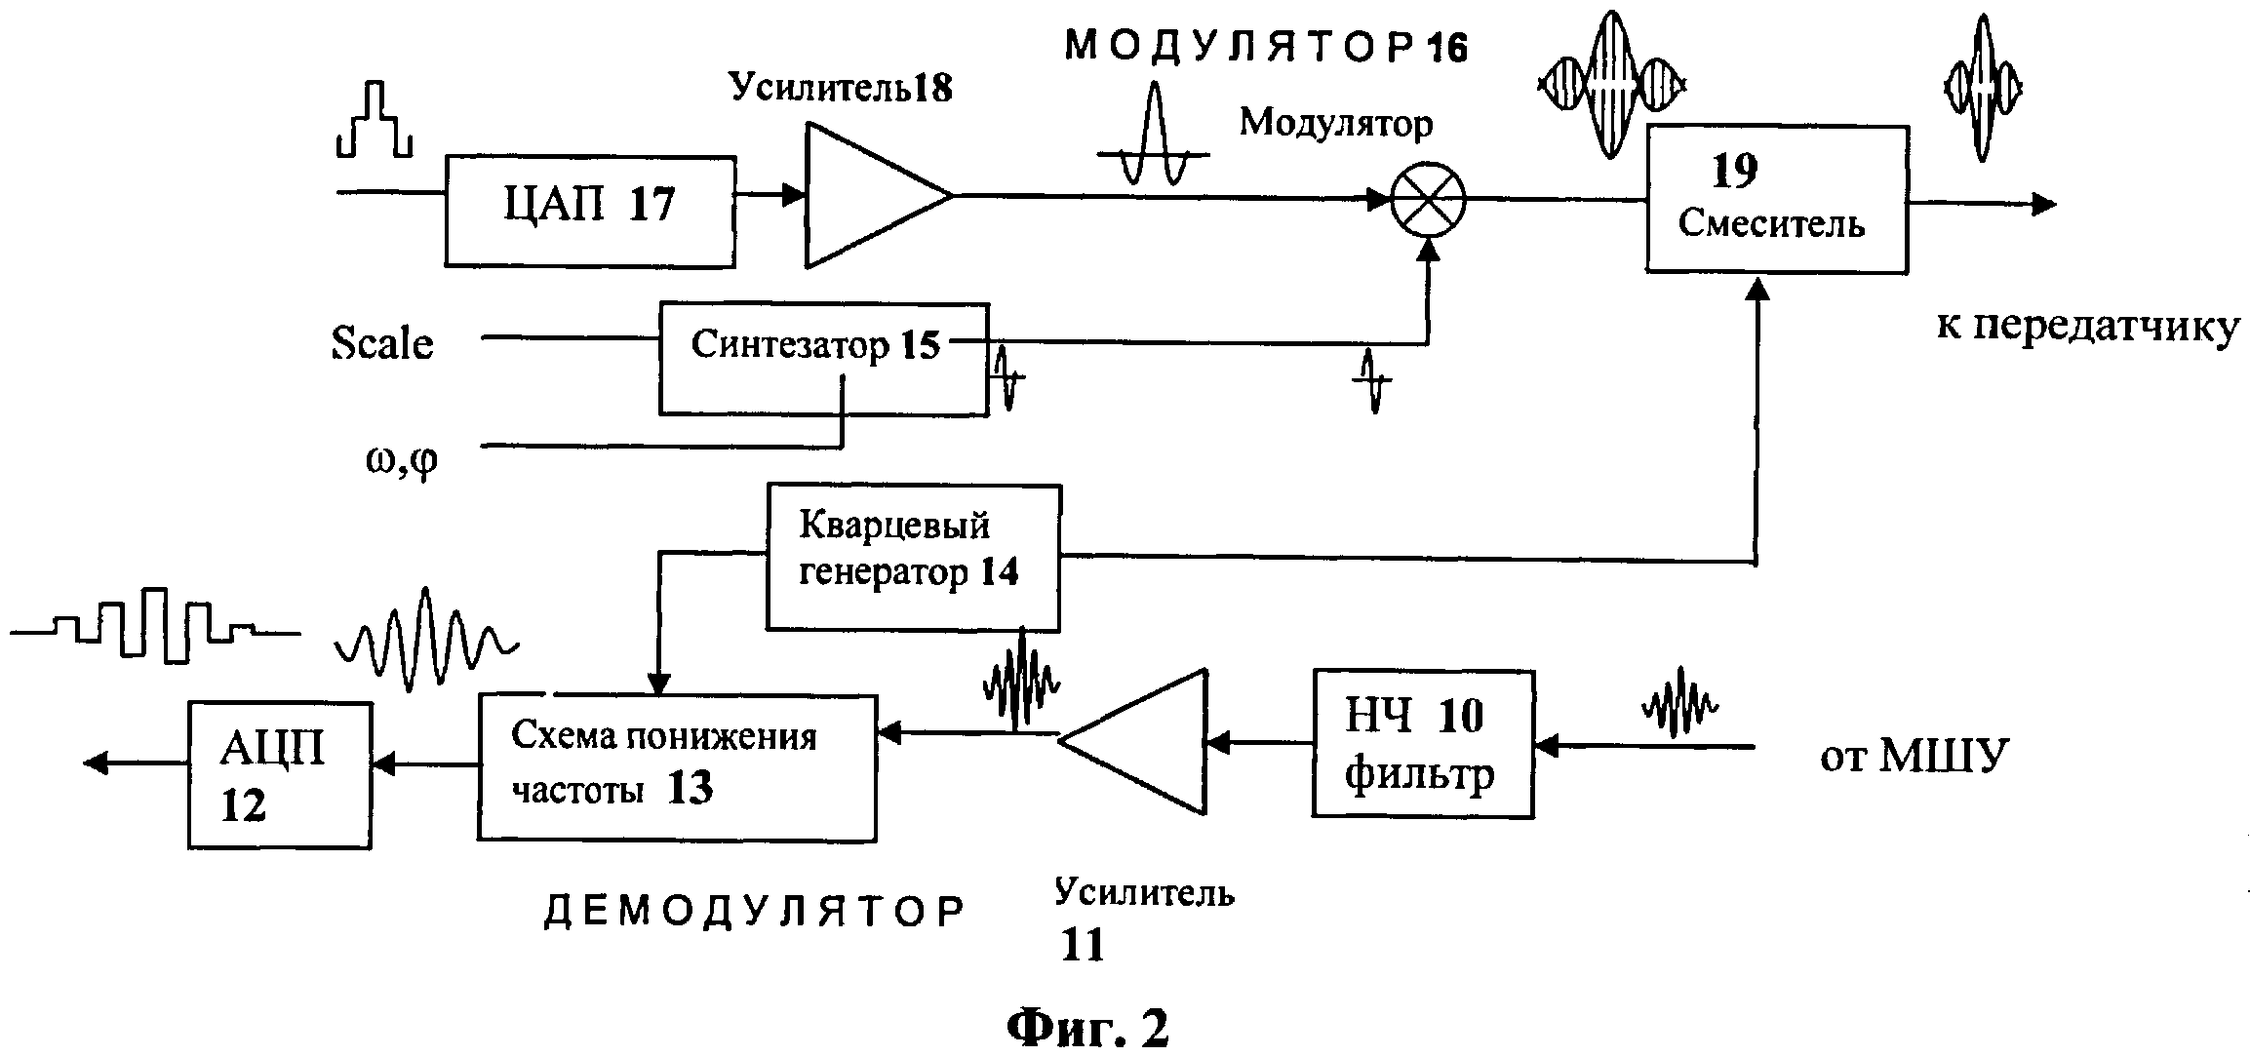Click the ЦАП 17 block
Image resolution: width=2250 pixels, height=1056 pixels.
click(x=590, y=212)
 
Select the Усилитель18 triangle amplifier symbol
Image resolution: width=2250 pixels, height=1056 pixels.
click(x=878, y=195)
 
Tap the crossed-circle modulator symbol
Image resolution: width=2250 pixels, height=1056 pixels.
click(x=1428, y=200)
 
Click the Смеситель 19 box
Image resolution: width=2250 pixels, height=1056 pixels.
click(x=1777, y=199)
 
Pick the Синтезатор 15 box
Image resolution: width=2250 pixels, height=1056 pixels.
click(x=824, y=359)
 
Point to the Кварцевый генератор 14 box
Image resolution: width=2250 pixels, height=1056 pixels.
click(x=914, y=558)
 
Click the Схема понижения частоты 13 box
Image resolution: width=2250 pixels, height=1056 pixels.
click(x=677, y=767)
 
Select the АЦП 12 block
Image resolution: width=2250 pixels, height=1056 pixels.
click(x=280, y=775)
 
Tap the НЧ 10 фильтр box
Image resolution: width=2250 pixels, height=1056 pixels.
click(x=1423, y=743)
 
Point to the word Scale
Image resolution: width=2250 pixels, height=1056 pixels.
click(x=382, y=343)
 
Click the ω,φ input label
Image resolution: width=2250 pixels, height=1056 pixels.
click(x=402, y=458)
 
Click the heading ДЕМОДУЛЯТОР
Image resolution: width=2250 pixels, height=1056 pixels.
click(x=754, y=913)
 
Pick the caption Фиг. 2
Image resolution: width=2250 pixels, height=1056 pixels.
click(x=1087, y=1026)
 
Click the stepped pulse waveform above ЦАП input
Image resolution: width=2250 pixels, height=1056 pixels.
click(x=374, y=120)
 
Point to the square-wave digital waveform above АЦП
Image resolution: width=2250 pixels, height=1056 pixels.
click(x=156, y=625)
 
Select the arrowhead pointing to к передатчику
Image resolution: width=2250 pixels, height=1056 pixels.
click(x=2043, y=204)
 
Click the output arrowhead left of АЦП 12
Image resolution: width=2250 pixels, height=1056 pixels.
click(x=98, y=763)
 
